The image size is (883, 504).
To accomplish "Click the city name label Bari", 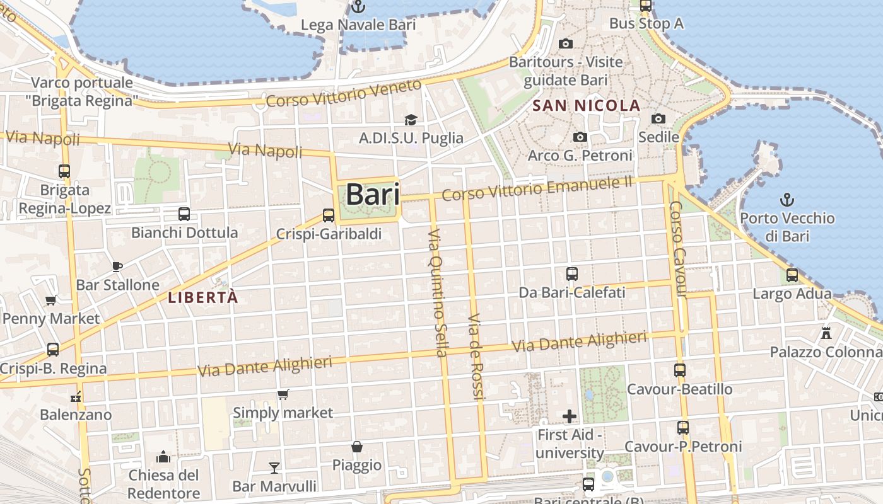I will click(372, 195).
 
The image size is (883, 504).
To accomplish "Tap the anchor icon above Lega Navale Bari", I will click(358, 7).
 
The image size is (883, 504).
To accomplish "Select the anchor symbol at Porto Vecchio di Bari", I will click(787, 200).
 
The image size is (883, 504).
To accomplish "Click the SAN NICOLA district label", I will click(587, 106).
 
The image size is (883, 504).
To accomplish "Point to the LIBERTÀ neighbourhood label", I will click(203, 298).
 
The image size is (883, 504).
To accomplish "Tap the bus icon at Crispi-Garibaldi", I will click(329, 215).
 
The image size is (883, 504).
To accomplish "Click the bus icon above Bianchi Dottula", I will click(184, 214).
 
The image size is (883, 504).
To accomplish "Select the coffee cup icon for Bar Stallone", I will click(117, 266).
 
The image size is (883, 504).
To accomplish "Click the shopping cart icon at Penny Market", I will click(51, 300).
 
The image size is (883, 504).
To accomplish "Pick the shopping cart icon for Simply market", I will click(283, 395).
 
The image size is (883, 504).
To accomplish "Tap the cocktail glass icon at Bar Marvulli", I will click(274, 467).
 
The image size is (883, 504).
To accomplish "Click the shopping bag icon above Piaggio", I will click(357, 447).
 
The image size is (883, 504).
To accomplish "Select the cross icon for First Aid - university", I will click(570, 416).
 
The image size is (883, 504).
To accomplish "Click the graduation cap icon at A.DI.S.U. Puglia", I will click(411, 120).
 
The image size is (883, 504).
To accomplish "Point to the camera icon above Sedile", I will click(658, 118).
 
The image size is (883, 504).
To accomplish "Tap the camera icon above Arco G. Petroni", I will click(580, 137).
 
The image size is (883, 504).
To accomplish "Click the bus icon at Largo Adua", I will click(792, 275).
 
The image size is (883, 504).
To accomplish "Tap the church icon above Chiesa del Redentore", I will click(163, 456).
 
